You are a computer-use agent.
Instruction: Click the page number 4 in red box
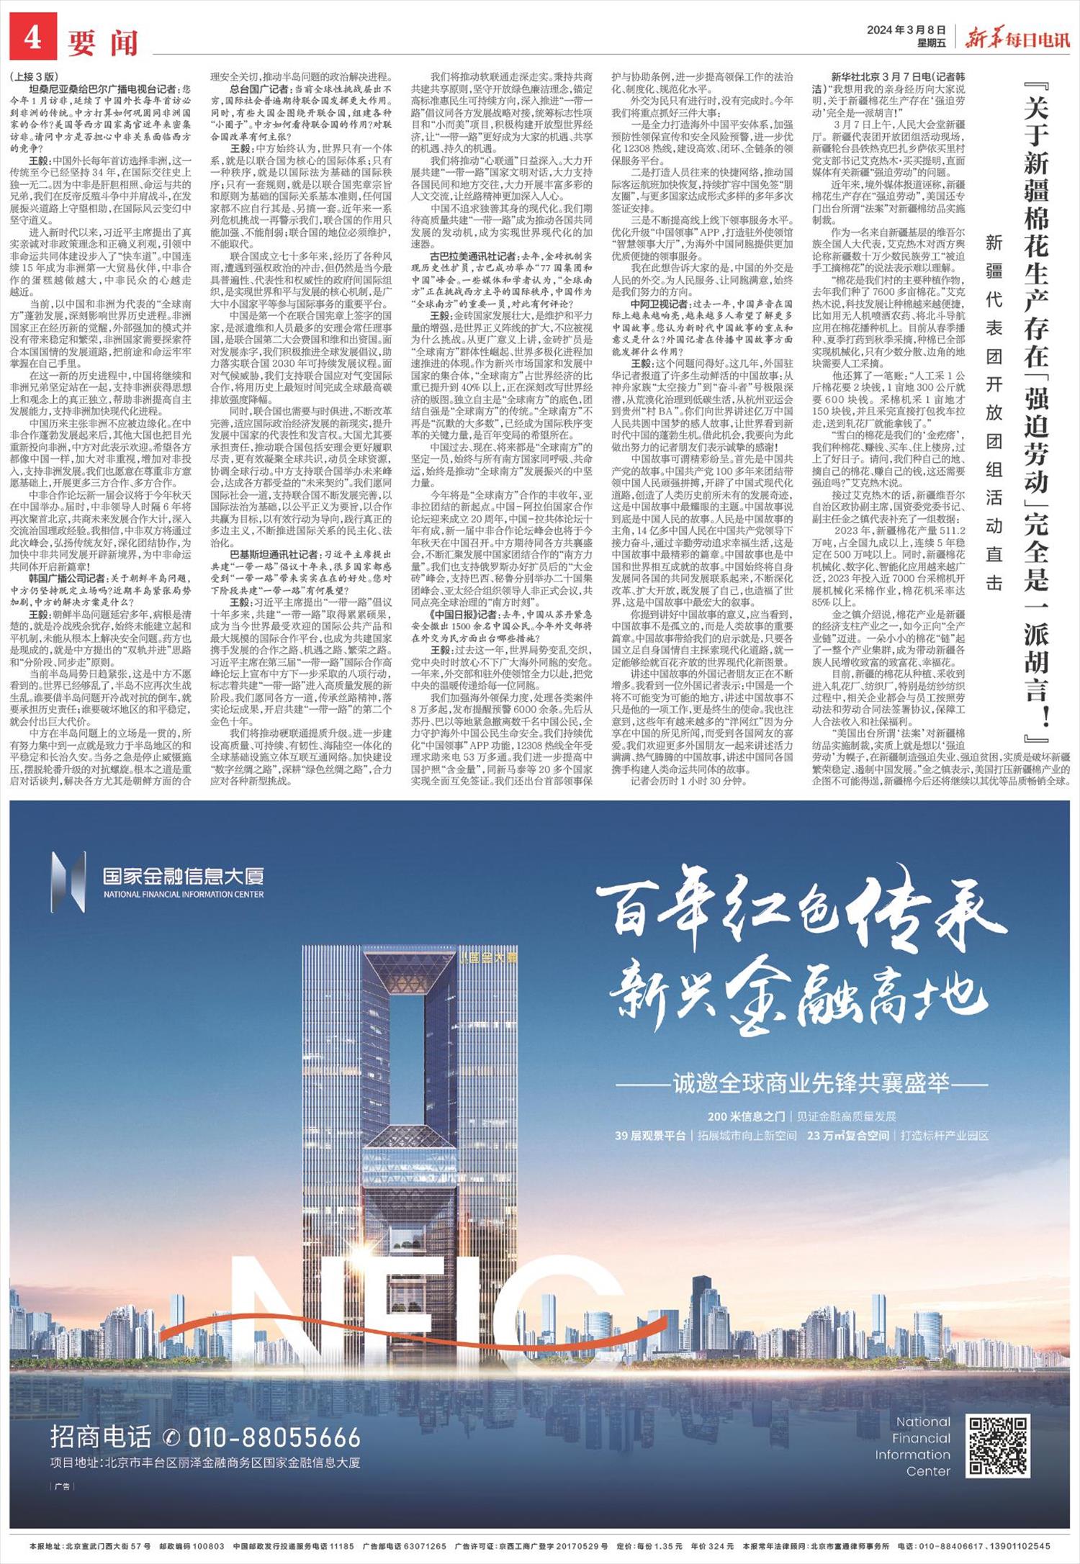32,40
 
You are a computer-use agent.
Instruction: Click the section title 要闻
102,43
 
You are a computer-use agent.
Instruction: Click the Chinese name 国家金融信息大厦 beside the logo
183,876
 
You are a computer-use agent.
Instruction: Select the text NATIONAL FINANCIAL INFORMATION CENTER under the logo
184,895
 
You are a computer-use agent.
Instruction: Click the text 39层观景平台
649,1136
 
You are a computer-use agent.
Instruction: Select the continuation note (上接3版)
33,76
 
